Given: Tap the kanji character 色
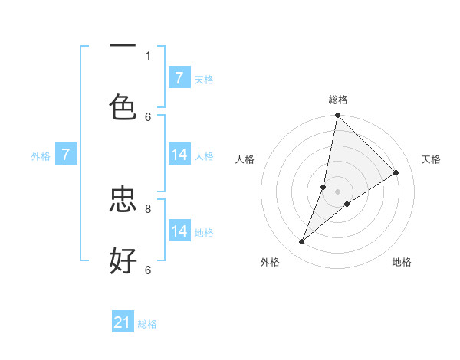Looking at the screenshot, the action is (123, 106).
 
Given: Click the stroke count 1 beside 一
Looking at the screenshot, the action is (148, 55).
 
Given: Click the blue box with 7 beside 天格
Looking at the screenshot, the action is (179, 78).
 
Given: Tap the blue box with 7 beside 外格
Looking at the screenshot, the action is (66, 155).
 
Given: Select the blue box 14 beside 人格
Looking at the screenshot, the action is (179, 155).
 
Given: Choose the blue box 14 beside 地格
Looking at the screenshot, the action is (179, 231).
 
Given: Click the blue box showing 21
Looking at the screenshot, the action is (123, 323).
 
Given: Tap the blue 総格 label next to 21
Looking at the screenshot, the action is (147, 324).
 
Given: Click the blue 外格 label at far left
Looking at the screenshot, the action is (41, 155).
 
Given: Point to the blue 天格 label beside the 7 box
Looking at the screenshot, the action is (204, 79).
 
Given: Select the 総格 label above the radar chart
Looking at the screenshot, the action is (338, 100).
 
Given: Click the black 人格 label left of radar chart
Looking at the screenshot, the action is (245, 159).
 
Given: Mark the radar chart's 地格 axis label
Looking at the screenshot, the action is (402, 262).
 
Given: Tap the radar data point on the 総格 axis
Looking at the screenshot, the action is (337, 116).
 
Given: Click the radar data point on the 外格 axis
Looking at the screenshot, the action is (302, 242).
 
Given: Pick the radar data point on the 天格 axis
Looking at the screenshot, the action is (396, 173).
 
